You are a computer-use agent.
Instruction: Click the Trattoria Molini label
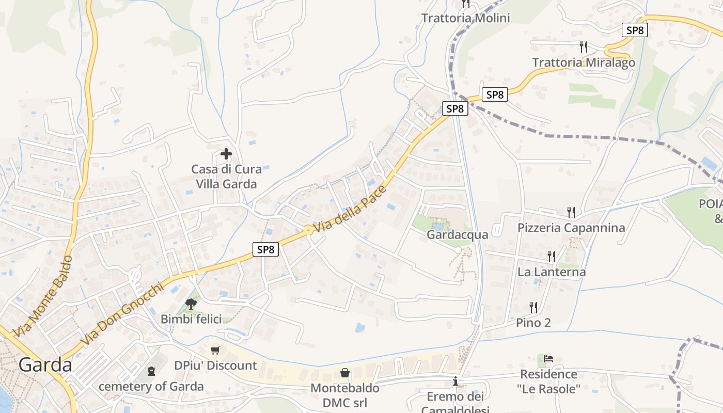point(465,18)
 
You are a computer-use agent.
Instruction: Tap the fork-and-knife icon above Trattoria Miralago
point(584,47)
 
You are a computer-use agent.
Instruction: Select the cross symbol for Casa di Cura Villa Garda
point(226,153)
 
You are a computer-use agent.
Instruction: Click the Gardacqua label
point(457,235)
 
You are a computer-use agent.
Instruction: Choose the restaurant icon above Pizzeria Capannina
point(571,212)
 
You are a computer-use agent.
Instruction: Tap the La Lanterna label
point(552,272)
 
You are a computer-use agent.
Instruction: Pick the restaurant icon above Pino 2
point(534,308)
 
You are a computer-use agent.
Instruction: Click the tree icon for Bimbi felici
point(191,304)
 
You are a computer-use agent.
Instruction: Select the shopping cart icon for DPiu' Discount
point(215,351)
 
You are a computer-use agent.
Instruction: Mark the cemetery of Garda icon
point(151,371)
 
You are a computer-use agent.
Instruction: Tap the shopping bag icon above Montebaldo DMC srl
point(344,373)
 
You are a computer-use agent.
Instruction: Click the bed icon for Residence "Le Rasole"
point(548,358)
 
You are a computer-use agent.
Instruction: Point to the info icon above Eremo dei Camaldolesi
point(455,382)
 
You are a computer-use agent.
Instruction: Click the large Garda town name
point(45,365)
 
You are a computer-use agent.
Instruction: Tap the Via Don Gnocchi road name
point(122,314)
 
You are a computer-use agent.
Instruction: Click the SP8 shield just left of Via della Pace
point(266,249)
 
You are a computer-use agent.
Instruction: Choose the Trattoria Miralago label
point(584,62)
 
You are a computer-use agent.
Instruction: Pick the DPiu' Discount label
point(215,366)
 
